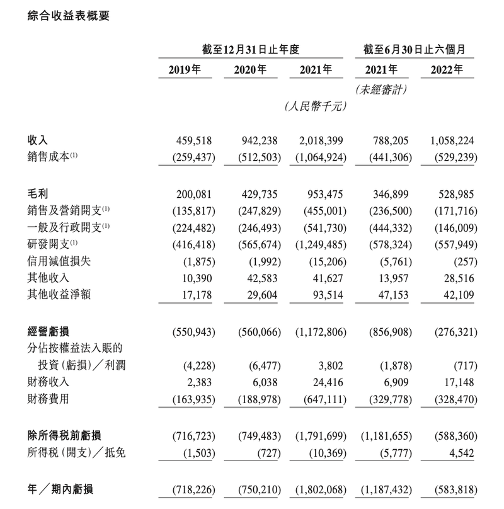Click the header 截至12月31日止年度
tap(253, 49)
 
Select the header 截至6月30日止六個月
tap(415, 49)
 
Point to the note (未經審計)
tap(381, 90)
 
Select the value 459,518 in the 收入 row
tap(197, 142)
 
